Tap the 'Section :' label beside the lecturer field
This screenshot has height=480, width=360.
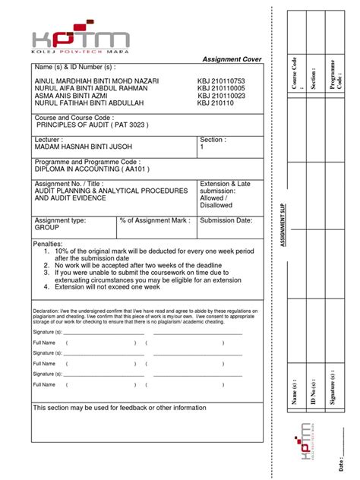tap(212, 141)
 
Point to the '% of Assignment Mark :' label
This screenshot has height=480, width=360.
tap(156, 219)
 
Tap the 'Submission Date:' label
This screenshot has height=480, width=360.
tap(226, 219)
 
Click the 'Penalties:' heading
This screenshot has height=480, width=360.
tap(47, 242)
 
